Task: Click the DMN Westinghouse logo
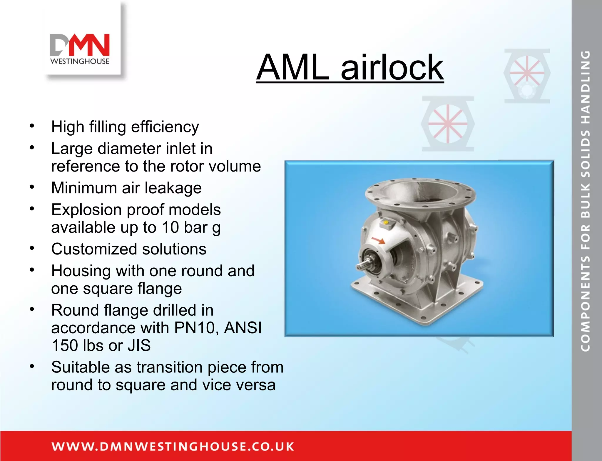(x=80, y=49)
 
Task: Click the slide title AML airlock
(x=350, y=67)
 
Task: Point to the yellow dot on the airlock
(x=386, y=222)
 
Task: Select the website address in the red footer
(x=173, y=446)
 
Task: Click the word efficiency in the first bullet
(x=165, y=127)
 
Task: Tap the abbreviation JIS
(x=139, y=345)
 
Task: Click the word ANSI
(x=243, y=328)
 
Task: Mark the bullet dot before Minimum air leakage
(x=32, y=187)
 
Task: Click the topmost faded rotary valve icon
(x=527, y=76)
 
